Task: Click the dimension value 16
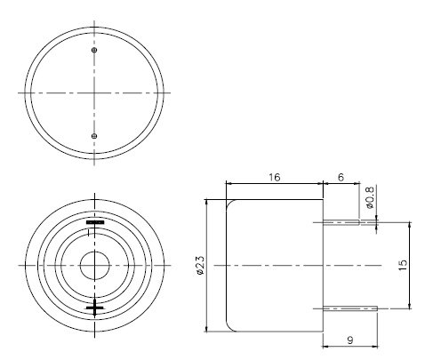click(275, 178)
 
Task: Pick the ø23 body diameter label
click(200, 264)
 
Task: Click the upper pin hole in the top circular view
click(94, 51)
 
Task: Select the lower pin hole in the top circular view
click(94, 135)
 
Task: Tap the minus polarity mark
click(94, 222)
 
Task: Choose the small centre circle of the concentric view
click(94, 265)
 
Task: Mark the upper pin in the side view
click(349, 223)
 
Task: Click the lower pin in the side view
click(349, 308)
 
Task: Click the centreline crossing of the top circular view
click(94, 92)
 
